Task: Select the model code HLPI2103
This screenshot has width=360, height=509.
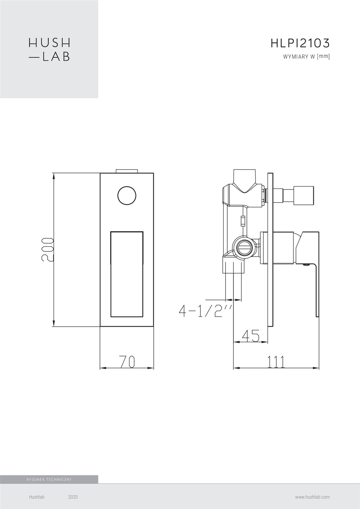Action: [300, 43]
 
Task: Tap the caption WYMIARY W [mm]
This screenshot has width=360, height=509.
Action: [306, 57]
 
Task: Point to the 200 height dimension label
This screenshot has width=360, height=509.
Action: [47, 250]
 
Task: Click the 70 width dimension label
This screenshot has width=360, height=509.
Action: [127, 362]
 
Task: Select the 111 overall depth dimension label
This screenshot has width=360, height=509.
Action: [276, 362]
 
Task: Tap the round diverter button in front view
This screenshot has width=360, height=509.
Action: [127, 196]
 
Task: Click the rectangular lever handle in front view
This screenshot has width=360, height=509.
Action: [127, 274]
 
